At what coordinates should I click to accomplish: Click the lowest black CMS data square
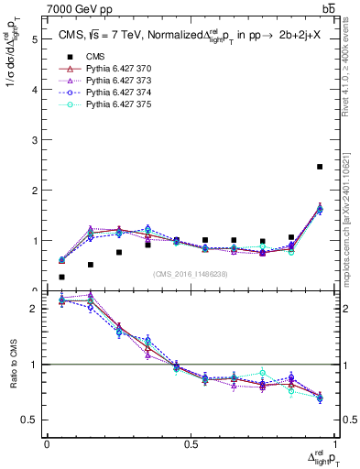pos(62,277)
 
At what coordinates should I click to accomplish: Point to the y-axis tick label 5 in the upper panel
pos(35,39)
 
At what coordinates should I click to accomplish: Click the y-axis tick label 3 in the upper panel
pos(35,140)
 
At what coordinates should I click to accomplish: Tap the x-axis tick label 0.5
pos(191,444)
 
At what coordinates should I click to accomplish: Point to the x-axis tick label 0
pos(48,444)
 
